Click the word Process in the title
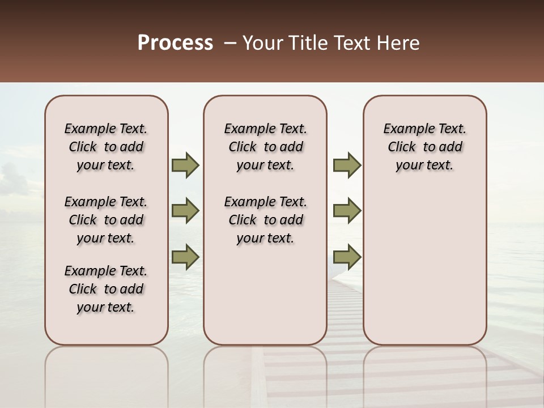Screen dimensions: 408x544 click(x=175, y=43)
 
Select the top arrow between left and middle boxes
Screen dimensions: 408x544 click(x=185, y=165)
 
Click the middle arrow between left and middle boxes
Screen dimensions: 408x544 click(x=185, y=211)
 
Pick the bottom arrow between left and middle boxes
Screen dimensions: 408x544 click(x=185, y=257)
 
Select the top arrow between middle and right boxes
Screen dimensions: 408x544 click(x=347, y=165)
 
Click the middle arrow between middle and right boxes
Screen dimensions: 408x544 click(x=347, y=211)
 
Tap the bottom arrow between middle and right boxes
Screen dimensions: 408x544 click(x=347, y=257)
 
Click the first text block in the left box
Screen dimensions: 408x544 click(x=106, y=147)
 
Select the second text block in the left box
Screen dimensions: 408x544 click(x=106, y=220)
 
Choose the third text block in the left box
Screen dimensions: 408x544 click(x=106, y=289)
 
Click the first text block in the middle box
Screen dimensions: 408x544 click(x=265, y=147)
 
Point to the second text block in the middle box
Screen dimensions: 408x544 click(x=265, y=220)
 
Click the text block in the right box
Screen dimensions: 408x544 click(x=424, y=147)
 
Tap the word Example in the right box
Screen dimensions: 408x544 click(x=407, y=129)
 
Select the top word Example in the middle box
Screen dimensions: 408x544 click(x=248, y=129)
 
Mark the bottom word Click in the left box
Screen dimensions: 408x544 click(x=83, y=289)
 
